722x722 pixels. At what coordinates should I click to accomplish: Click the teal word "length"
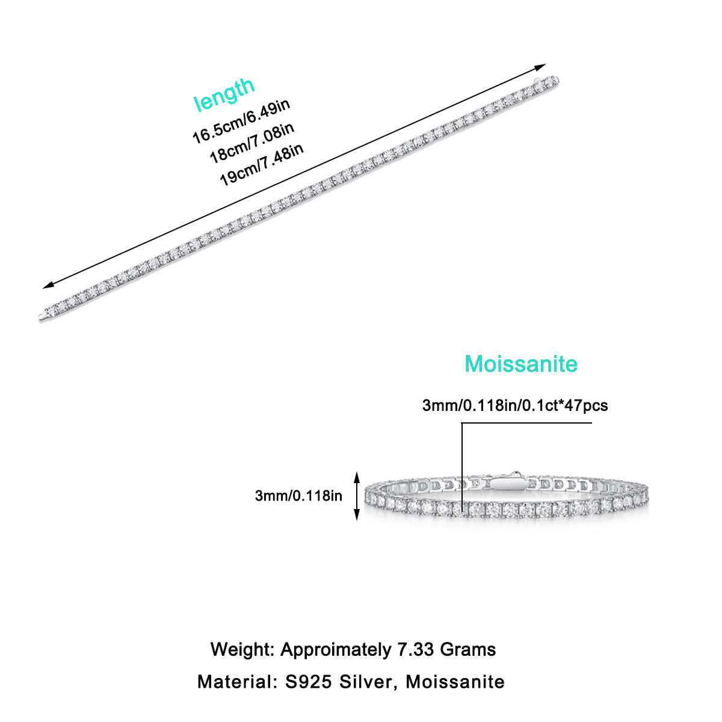click(x=224, y=94)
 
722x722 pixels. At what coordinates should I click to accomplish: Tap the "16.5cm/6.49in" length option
click(x=241, y=122)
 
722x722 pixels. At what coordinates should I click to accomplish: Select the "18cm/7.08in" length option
click(x=251, y=143)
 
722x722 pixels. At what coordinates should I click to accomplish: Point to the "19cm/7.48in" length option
click(x=261, y=164)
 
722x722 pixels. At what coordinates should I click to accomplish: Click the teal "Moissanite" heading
click(x=521, y=364)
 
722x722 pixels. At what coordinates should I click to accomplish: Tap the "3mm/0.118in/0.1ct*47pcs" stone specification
click(x=515, y=406)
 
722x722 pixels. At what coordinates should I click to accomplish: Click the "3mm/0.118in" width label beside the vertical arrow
click(x=298, y=496)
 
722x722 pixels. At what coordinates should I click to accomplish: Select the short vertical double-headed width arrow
click(x=357, y=496)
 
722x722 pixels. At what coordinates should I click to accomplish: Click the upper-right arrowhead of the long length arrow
click(x=541, y=66)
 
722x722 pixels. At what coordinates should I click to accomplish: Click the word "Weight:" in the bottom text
click(x=242, y=650)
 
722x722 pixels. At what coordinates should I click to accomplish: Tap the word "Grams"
click(x=468, y=650)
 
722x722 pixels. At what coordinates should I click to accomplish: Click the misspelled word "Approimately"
click(x=335, y=650)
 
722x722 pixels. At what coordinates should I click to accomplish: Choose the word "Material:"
click(x=234, y=682)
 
